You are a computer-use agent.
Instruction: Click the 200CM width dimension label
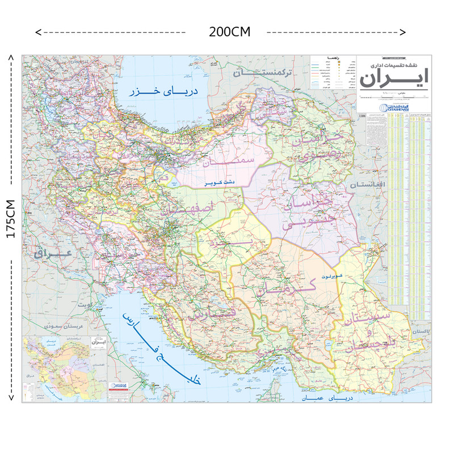[x=229, y=32]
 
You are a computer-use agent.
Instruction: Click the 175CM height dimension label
[x=11, y=220]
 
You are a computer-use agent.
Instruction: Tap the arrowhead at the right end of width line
[x=403, y=32]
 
